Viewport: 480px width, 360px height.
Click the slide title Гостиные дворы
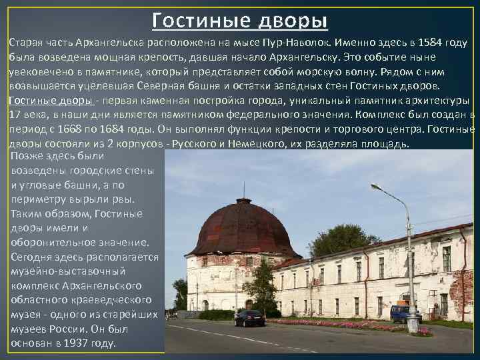click(x=240, y=20)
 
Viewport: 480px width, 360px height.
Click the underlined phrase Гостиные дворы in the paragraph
click(x=51, y=100)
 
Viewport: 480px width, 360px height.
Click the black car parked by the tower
click(x=249, y=318)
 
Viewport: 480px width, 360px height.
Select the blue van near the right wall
click(x=404, y=313)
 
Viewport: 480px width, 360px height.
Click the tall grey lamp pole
click(x=411, y=267)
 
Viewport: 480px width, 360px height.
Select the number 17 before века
click(x=15, y=115)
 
